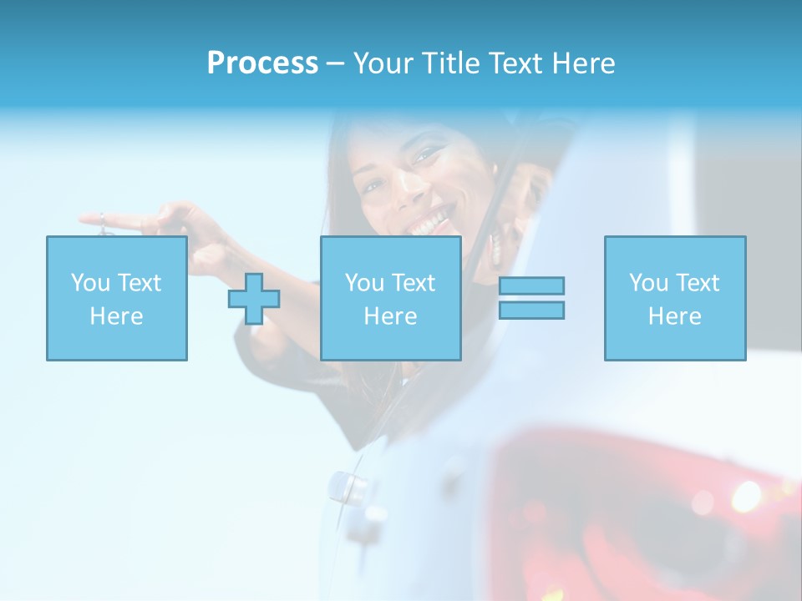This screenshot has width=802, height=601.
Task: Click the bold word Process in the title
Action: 262,63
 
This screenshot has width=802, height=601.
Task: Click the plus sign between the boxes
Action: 254,299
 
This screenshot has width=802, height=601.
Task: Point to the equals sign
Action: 531,298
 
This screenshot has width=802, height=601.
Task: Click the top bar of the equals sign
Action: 531,285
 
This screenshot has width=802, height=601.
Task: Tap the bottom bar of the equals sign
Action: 531,310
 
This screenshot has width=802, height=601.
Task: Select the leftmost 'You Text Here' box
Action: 117,298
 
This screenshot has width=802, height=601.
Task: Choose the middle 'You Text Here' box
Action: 391,298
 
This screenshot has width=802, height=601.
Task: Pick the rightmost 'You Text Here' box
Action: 675,298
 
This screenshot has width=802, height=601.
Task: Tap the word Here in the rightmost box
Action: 675,316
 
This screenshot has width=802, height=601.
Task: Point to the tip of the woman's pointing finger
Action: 84,220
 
